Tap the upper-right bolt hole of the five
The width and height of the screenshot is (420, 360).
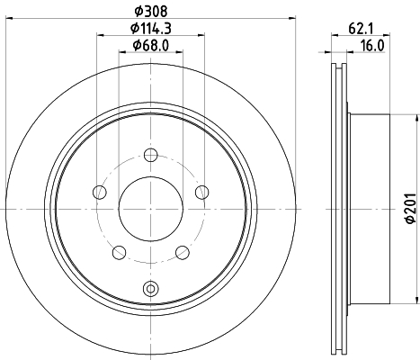point(201,191)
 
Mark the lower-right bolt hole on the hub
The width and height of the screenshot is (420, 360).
point(182,252)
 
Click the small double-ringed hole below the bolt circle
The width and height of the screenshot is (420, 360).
point(149,288)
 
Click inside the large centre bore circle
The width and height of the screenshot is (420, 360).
point(149,208)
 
